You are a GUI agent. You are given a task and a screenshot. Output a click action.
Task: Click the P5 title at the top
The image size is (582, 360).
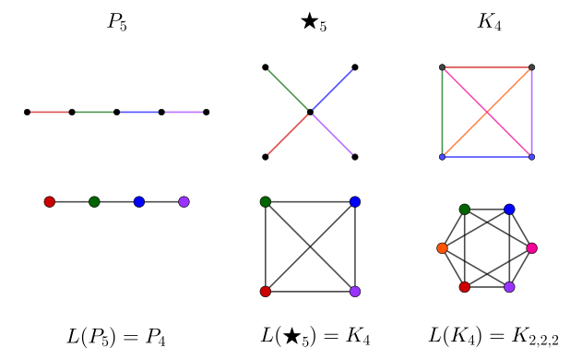point(117,22)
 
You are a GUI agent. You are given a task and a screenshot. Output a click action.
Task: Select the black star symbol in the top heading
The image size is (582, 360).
point(309,21)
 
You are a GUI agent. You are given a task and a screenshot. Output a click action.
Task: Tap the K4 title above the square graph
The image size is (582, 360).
point(489,22)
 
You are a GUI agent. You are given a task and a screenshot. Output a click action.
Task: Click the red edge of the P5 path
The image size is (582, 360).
point(50,113)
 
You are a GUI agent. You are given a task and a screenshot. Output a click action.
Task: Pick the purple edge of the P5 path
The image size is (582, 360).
point(184,113)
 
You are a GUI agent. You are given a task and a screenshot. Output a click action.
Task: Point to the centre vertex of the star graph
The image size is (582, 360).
point(310,113)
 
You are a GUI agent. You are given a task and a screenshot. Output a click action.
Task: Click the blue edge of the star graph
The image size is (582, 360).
point(333,90)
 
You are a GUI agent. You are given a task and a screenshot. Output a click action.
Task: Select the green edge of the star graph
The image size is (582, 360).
point(288,90)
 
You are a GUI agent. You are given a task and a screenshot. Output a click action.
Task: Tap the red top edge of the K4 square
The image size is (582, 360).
point(487,67)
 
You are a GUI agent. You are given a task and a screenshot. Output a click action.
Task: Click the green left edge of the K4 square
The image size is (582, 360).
point(443,113)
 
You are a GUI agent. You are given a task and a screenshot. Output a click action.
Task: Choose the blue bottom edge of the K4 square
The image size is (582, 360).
point(487,157)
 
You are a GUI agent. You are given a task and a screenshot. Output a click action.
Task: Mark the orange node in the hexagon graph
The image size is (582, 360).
point(442,248)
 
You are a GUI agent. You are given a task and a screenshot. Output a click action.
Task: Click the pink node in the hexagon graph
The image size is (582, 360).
point(532,248)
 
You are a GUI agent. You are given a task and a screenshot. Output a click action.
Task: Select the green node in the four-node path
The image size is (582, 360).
point(94,202)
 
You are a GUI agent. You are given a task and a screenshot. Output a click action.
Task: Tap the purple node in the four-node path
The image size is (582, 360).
point(184,202)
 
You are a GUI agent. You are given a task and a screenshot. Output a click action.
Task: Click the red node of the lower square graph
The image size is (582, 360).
point(266,292)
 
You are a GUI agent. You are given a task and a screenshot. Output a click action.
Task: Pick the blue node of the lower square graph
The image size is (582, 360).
point(355,202)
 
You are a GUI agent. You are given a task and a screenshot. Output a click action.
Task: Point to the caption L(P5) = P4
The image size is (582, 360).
point(116,337)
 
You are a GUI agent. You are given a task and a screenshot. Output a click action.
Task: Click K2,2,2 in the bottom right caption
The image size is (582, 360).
point(534,337)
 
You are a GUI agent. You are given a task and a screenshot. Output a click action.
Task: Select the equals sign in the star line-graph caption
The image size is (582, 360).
point(331,336)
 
